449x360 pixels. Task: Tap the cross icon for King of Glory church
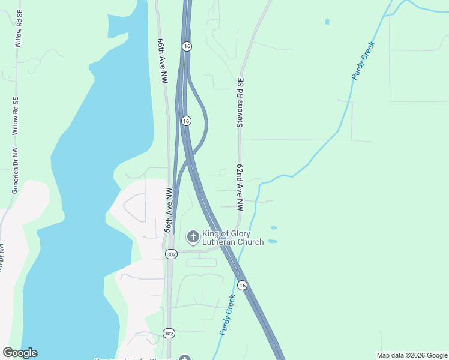click(x=193, y=238)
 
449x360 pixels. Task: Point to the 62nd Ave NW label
click(x=240, y=188)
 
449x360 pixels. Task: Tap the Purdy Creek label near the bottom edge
click(x=227, y=314)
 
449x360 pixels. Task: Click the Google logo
click(x=20, y=353)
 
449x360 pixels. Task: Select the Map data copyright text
click(x=412, y=355)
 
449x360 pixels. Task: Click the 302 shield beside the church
click(x=171, y=254)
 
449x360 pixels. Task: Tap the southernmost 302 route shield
click(x=169, y=333)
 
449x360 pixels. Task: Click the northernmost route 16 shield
click(x=187, y=46)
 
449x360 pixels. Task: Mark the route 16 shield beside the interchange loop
click(x=186, y=121)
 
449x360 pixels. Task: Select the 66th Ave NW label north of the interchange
click(x=161, y=61)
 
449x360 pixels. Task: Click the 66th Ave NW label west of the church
click(x=169, y=210)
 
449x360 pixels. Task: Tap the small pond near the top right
click(x=327, y=22)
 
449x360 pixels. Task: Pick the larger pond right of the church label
click(x=272, y=241)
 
